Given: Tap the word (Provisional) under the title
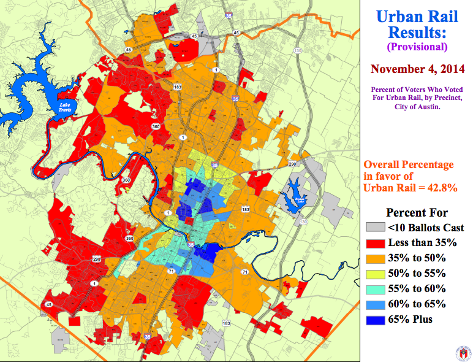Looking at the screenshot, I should (x=416, y=47).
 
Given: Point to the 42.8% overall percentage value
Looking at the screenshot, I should (x=438, y=188).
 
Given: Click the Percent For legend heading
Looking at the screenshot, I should (x=416, y=212).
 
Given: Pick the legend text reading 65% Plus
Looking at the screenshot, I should (x=411, y=320).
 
